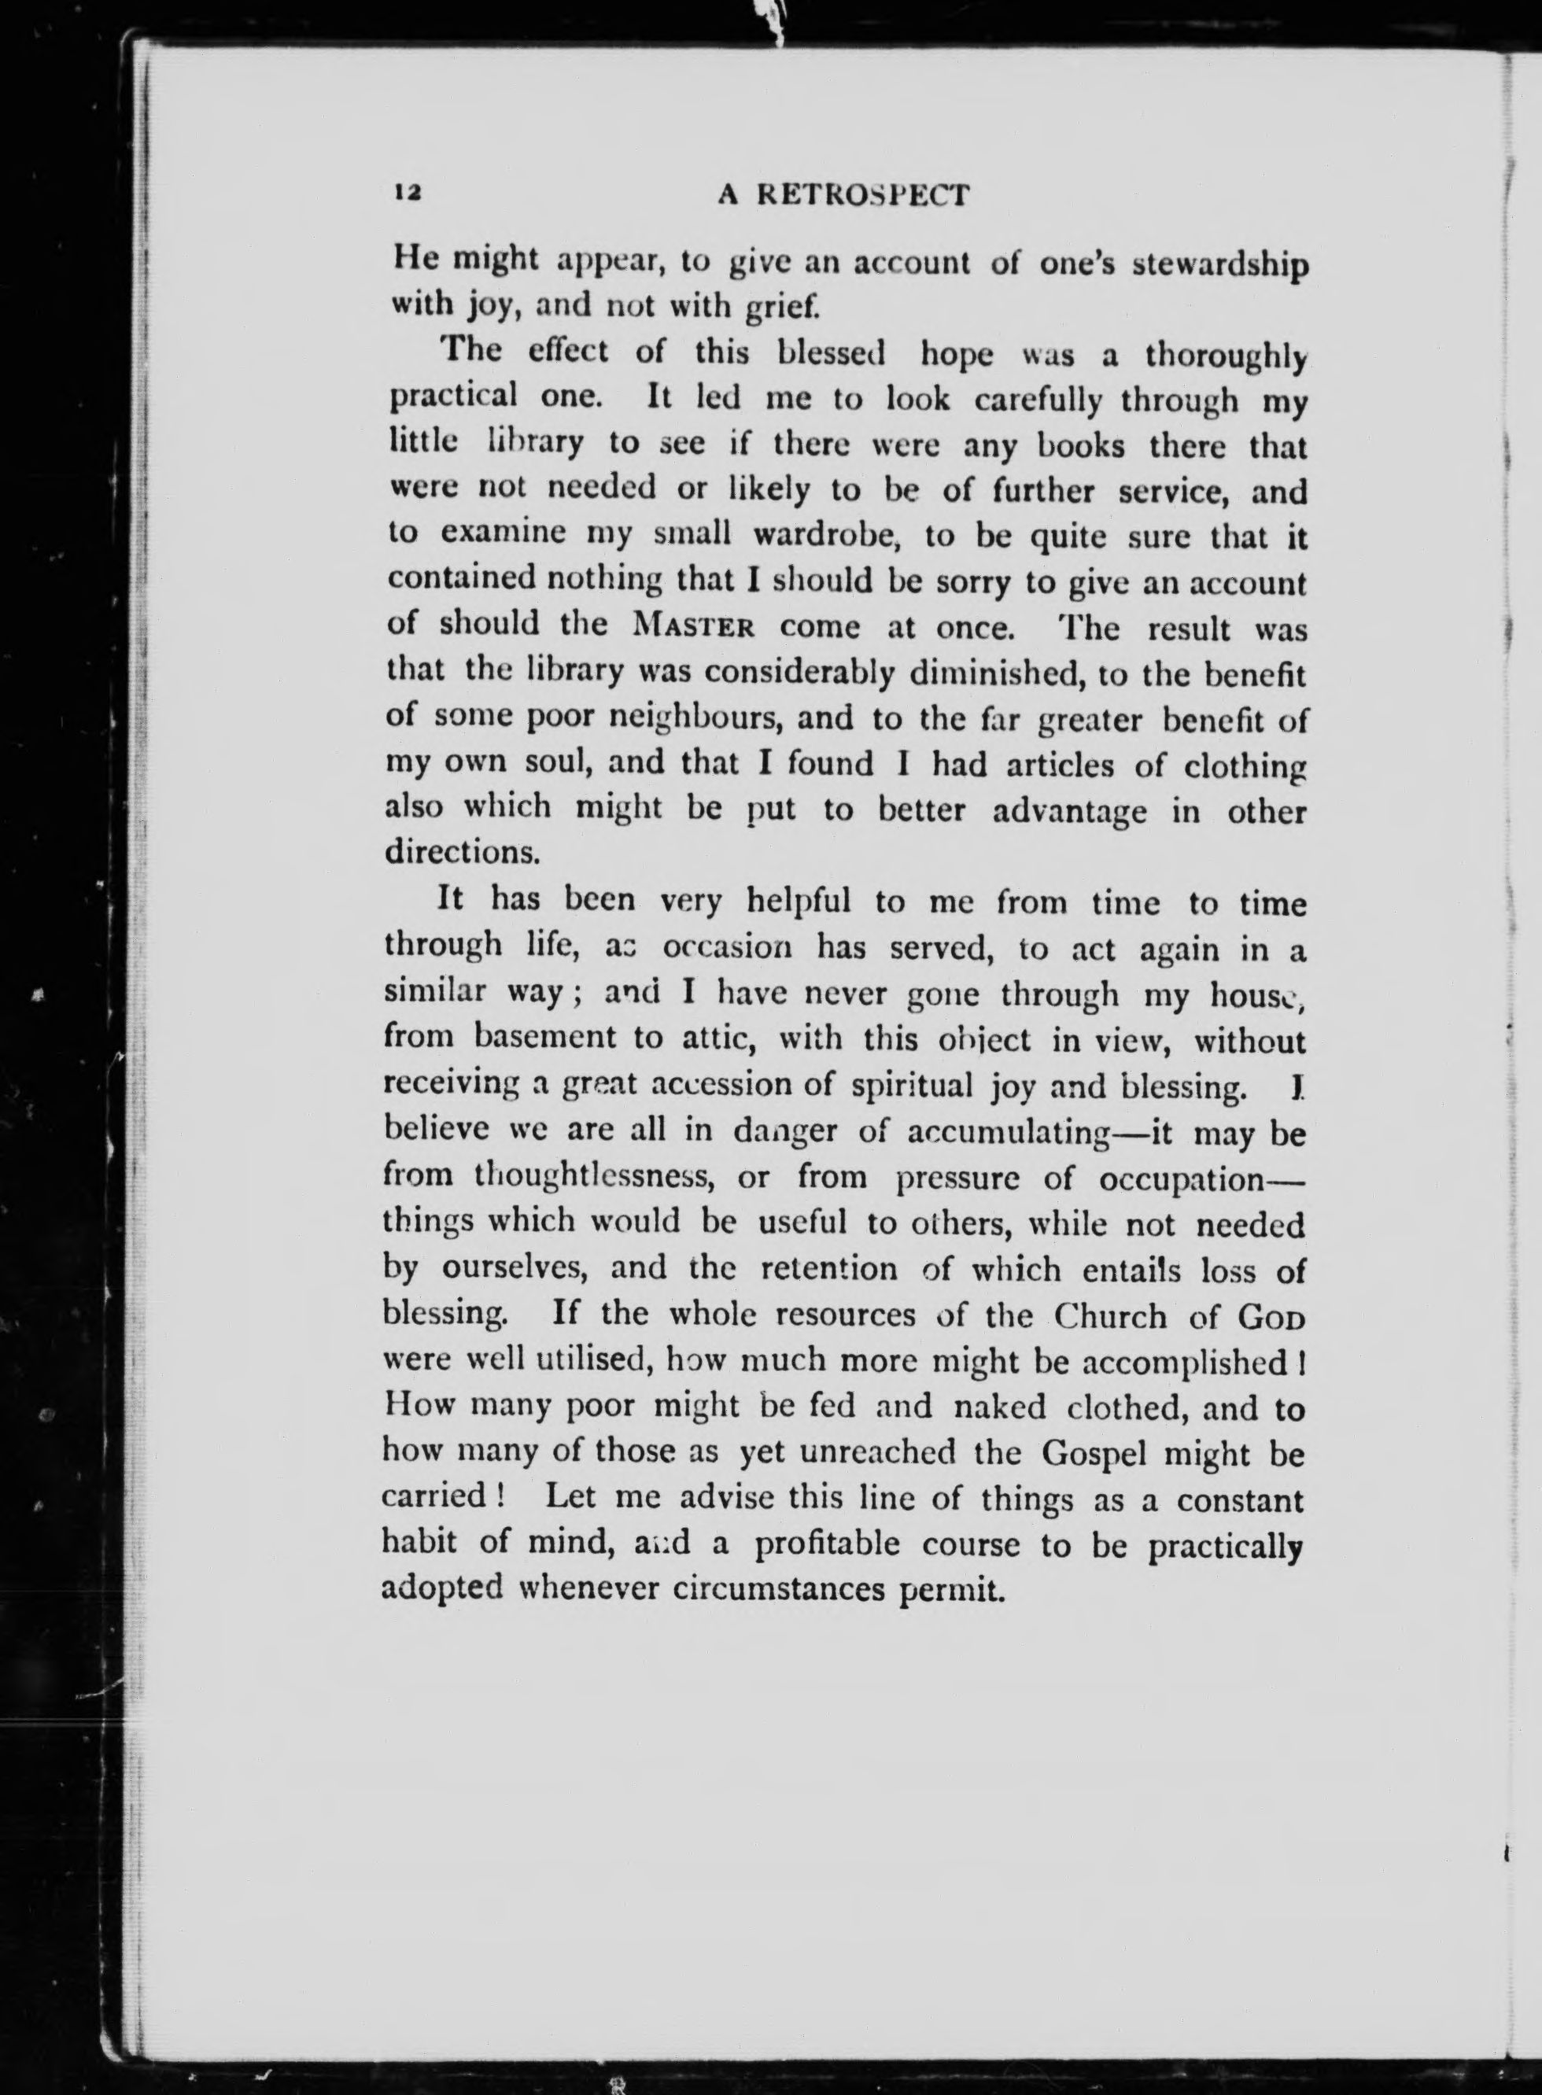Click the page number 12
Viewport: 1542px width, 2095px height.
tap(409, 191)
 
